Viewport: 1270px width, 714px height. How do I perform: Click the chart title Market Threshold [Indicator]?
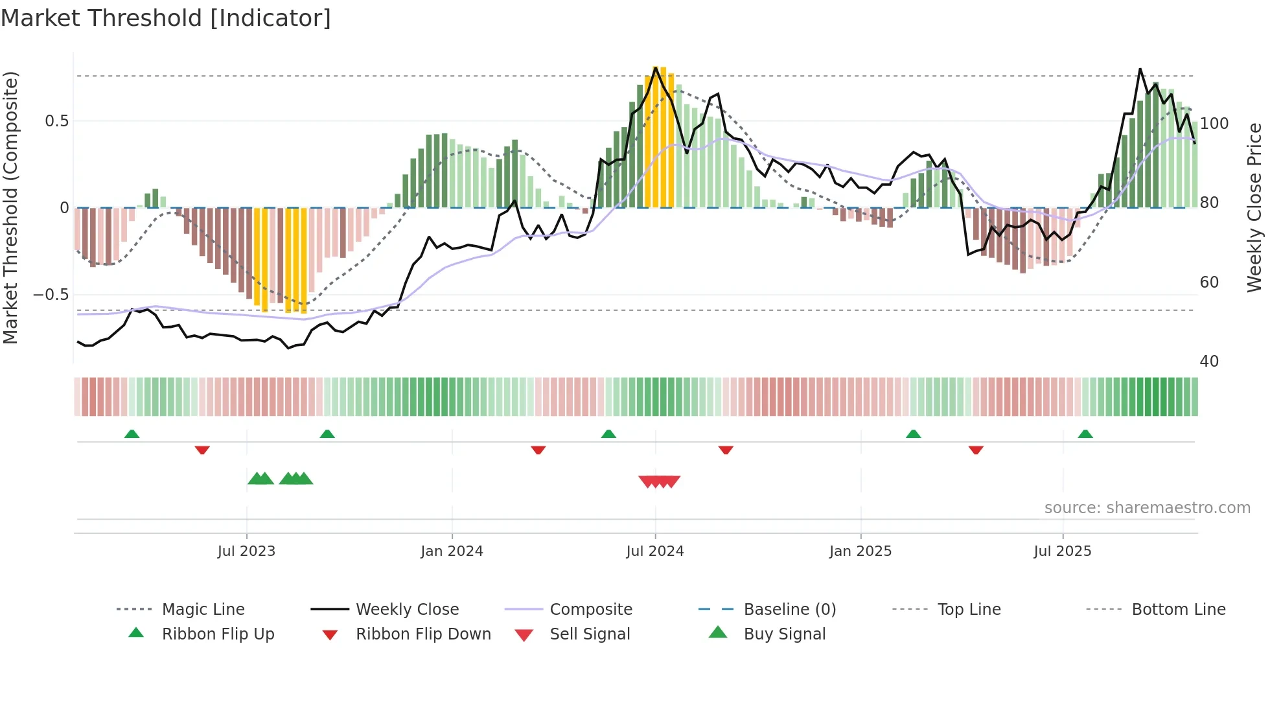pos(166,18)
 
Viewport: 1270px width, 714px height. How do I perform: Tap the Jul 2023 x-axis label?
pos(246,551)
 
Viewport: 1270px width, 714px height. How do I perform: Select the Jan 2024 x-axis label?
pos(452,551)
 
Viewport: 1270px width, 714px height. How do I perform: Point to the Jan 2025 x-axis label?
pos(860,551)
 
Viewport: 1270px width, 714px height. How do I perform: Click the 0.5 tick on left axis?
pos(57,121)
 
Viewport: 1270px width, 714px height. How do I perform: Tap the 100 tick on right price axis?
pos(1214,124)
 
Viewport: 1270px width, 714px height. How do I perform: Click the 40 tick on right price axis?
pos(1209,362)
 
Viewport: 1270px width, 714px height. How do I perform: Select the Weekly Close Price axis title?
pos(1255,207)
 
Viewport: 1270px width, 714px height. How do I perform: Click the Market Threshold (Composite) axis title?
pos(10,207)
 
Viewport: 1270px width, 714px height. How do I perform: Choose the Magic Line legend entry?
pos(203,610)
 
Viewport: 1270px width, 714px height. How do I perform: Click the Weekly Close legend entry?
pos(407,610)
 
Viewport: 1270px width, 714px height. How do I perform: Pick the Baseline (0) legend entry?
pos(789,610)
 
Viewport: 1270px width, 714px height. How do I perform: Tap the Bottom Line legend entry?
pos(1178,610)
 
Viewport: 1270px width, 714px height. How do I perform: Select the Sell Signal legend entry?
pos(590,634)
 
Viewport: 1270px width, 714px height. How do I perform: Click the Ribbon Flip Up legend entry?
pos(218,634)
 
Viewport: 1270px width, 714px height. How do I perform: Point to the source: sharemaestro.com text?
pos(1147,508)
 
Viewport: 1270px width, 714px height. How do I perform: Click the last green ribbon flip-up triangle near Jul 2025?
pos(1085,434)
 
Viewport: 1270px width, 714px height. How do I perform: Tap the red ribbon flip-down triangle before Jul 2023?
pos(202,450)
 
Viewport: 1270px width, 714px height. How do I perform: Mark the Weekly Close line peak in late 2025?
pos(1140,69)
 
